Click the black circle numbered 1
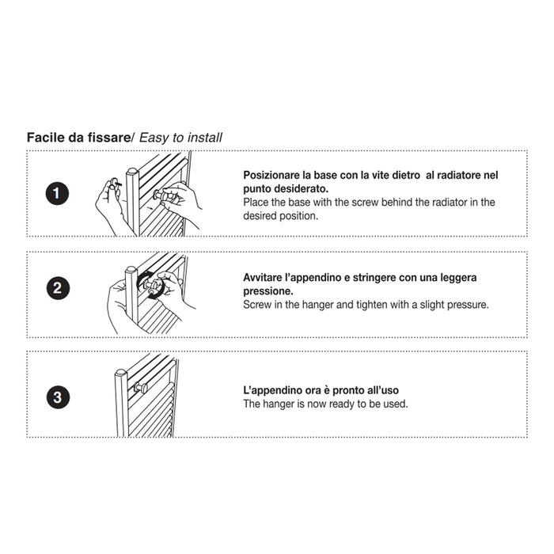pyautogui.click(x=57, y=193)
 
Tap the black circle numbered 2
pyautogui.click(x=58, y=288)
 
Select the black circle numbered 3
pyautogui.click(x=58, y=397)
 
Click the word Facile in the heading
pyautogui.click(x=46, y=137)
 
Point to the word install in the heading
pyautogui.click(x=205, y=138)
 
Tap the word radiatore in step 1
pyautogui.click(x=458, y=175)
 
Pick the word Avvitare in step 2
pyautogui.click(x=262, y=277)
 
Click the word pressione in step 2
pyautogui.click(x=268, y=291)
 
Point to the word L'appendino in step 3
pyautogui.click(x=270, y=390)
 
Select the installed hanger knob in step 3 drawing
pyautogui.click(x=141, y=388)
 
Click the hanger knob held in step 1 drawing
pyautogui.click(x=164, y=195)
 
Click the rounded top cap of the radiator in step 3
pyautogui.click(x=121, y=372)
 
